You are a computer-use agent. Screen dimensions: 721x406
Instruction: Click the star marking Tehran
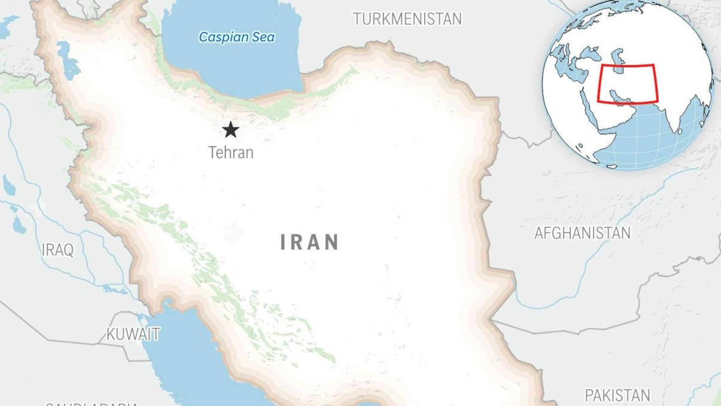pos(230,130)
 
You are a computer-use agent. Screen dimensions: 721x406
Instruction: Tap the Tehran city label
pos(231,152)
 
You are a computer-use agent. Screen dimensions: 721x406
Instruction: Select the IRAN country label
pos(310,242)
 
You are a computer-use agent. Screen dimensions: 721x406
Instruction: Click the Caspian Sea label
pos(237,37)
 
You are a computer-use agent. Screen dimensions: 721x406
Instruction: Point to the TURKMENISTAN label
pos(407,19)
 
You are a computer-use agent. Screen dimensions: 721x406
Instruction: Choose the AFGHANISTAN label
pos(582,233)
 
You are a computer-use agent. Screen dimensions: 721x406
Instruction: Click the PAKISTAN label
pos(617,395)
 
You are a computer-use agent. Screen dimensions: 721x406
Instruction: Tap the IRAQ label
pos(57,249)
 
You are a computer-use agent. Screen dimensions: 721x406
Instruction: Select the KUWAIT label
pos(133,334)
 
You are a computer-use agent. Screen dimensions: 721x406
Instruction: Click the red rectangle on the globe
pos(627,65)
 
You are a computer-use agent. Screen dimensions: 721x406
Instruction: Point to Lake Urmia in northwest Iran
pos(68,61)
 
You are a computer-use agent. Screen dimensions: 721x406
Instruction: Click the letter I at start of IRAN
pos(283,242)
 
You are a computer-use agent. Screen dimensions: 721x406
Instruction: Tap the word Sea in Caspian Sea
pos(263,37)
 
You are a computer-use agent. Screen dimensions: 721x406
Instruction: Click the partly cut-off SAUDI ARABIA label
pos(92,403)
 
